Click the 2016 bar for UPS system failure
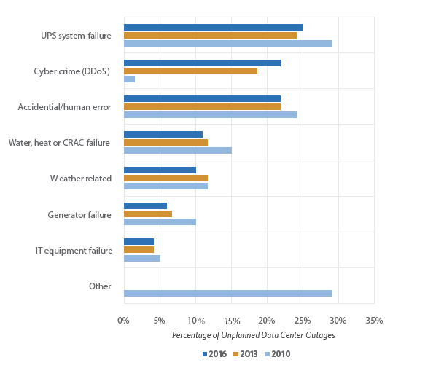click(213, 28)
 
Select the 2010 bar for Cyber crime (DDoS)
click(129, 79)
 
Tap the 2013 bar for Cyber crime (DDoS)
click(190, 71)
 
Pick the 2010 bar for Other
click(227, 293)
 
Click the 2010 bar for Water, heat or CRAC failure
click(177, 150)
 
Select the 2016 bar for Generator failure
click(145, 206)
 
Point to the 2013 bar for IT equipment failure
click(139, 250)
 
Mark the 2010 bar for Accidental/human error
click(210, 114)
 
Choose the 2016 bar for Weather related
click(160, 170)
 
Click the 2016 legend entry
click(214, 354)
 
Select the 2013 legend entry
click(246, 354)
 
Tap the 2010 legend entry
click(277, 354)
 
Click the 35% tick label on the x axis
click(374, 320)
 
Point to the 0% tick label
click(123, 320)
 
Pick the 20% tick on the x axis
click(267, 320)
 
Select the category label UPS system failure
click(76, 36)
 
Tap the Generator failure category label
click(79, 215)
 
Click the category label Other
click(100, 286)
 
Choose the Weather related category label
click(80, 179)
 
